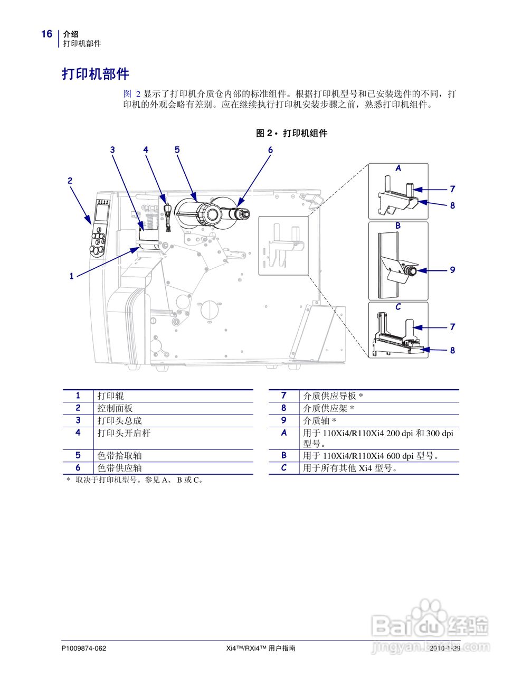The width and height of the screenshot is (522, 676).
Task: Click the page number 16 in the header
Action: point(46,34)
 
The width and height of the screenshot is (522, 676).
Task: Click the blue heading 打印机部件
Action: point(96,74)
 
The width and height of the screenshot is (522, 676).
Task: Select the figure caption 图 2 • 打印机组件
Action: point(291,133)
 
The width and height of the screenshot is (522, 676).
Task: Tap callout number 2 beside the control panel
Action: point(70,181)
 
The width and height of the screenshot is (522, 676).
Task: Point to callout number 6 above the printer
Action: point(270,150)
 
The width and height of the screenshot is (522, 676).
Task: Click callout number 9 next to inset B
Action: point(452,270)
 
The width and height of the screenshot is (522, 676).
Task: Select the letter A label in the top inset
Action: point(398,168)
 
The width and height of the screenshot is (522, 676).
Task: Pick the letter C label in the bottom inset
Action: point(398,307)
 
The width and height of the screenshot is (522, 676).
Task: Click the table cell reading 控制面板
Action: point(115,408)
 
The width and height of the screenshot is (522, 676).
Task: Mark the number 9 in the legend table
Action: point(283,420)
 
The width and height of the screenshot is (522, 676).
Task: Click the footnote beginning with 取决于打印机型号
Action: point(138,480)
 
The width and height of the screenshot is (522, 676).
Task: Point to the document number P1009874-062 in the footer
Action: point(84,649)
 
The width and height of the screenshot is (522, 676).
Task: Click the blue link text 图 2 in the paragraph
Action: point(132,94)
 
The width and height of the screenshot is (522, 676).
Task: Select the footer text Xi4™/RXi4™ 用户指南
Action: point(260,649)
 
